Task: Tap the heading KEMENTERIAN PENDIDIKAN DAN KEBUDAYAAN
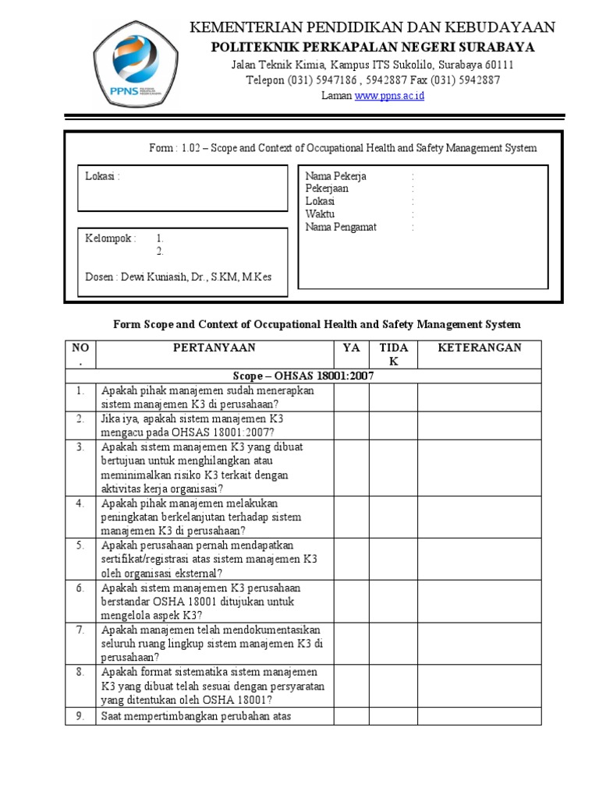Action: click(x=373, y=28)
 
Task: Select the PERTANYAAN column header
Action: click(x=214, y=348)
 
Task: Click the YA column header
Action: click(x=352, y=348)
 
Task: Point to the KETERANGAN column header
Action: click(x=480, y=348)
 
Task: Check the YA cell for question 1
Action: click(x=352, y=397)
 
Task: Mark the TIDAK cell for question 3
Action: click(x=393, y=468)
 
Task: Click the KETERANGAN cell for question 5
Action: click(x=480, y=559)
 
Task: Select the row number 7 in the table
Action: click(x=80, y=630)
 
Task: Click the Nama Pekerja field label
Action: click(x=336, y=176)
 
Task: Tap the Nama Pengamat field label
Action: click(x=341, y=228)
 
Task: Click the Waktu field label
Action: click(x=320, y=214)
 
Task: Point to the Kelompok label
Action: click(x=110, y=238)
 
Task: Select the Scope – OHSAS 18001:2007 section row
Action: click(x=303, y=376)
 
